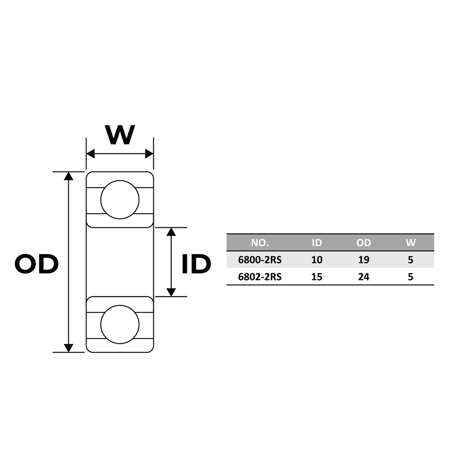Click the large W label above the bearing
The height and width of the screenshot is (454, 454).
[120, 135]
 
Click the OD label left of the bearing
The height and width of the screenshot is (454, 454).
[36, 264]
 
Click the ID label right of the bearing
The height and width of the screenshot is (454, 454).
[196, 264]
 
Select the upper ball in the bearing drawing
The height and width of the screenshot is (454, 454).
[120, 200]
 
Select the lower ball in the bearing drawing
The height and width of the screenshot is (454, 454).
[120, 324]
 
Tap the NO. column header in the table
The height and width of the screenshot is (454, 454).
[260, 243]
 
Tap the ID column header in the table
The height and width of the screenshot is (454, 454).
[317, 243]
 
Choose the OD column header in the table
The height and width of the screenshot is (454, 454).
[364, 243]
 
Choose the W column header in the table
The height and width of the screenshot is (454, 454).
[411, 243]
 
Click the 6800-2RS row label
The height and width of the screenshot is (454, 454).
[260, 260]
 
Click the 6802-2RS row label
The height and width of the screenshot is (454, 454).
[260, 277]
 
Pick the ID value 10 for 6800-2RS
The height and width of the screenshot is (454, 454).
[317, 260]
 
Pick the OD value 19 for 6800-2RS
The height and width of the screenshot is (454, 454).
[364, 260]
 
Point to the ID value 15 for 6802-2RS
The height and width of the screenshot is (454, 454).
[317, 277]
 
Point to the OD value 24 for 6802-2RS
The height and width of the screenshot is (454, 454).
[364, 277]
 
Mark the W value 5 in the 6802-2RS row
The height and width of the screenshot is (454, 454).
[411, 277]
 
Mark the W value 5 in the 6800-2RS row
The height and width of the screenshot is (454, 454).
[411, 260]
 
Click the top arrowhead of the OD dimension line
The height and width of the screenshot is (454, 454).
[68, 176]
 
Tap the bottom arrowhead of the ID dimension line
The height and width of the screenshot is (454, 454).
[172, 293]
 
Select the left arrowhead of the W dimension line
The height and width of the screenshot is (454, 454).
[90, 154]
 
